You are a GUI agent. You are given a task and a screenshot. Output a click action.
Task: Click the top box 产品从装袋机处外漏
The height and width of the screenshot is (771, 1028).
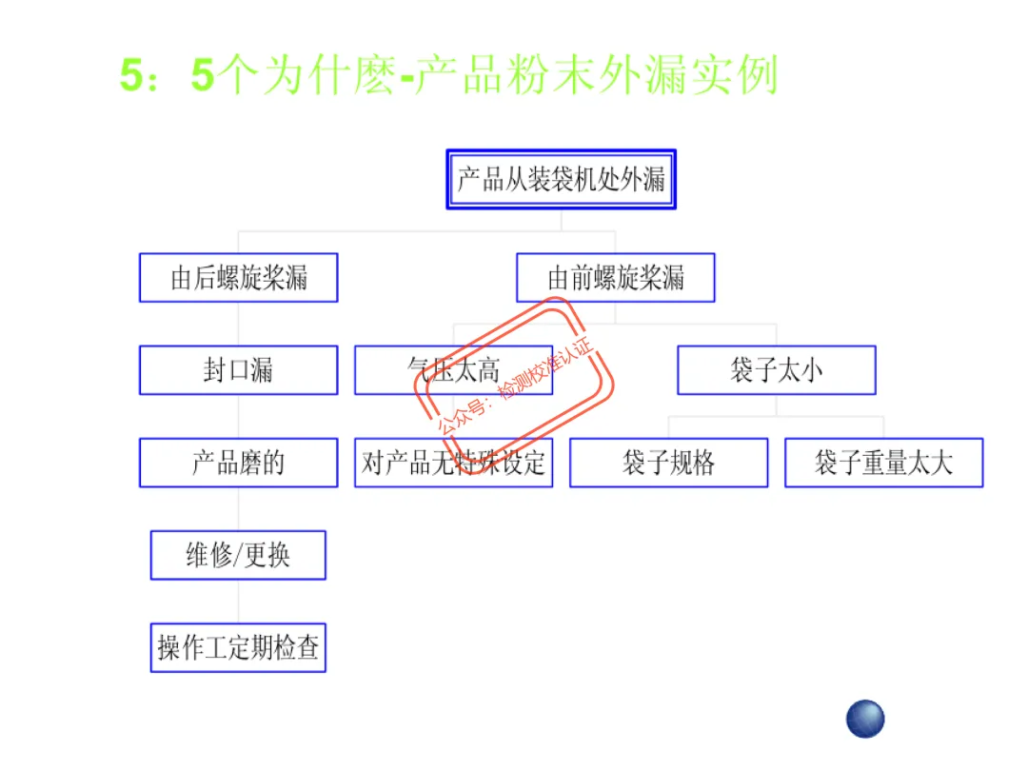pos(561,179)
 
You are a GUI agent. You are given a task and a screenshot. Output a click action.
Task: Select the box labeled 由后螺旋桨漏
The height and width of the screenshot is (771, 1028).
pos(238,278)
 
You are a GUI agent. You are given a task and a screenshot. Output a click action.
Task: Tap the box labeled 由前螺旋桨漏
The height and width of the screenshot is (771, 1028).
pos(615,278)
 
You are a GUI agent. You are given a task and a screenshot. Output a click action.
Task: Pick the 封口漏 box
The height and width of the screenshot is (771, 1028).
pos(238,370)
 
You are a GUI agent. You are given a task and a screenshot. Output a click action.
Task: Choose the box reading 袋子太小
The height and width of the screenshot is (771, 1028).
pos(776,370)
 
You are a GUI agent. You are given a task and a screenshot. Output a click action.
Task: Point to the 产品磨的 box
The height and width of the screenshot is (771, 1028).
pos(238,463)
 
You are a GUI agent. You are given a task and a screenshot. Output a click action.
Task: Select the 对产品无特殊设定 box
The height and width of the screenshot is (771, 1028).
pos(453,464)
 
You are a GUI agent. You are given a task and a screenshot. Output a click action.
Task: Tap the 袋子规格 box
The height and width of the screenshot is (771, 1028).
pos(668,464)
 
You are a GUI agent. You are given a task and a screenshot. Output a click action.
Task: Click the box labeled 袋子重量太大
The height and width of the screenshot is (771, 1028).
pos(883,464)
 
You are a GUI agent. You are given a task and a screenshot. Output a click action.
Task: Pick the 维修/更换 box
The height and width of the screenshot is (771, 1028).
pos(238,555)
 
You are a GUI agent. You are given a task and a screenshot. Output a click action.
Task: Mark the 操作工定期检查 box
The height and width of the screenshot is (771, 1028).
pos(238,648)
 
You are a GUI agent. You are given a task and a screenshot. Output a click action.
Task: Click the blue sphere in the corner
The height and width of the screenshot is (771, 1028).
pos(865,719)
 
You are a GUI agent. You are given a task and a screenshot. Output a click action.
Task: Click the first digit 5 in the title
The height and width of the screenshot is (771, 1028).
pos(132,76)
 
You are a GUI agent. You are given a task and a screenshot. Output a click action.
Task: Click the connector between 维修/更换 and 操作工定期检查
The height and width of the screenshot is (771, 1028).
pos(238,602)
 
